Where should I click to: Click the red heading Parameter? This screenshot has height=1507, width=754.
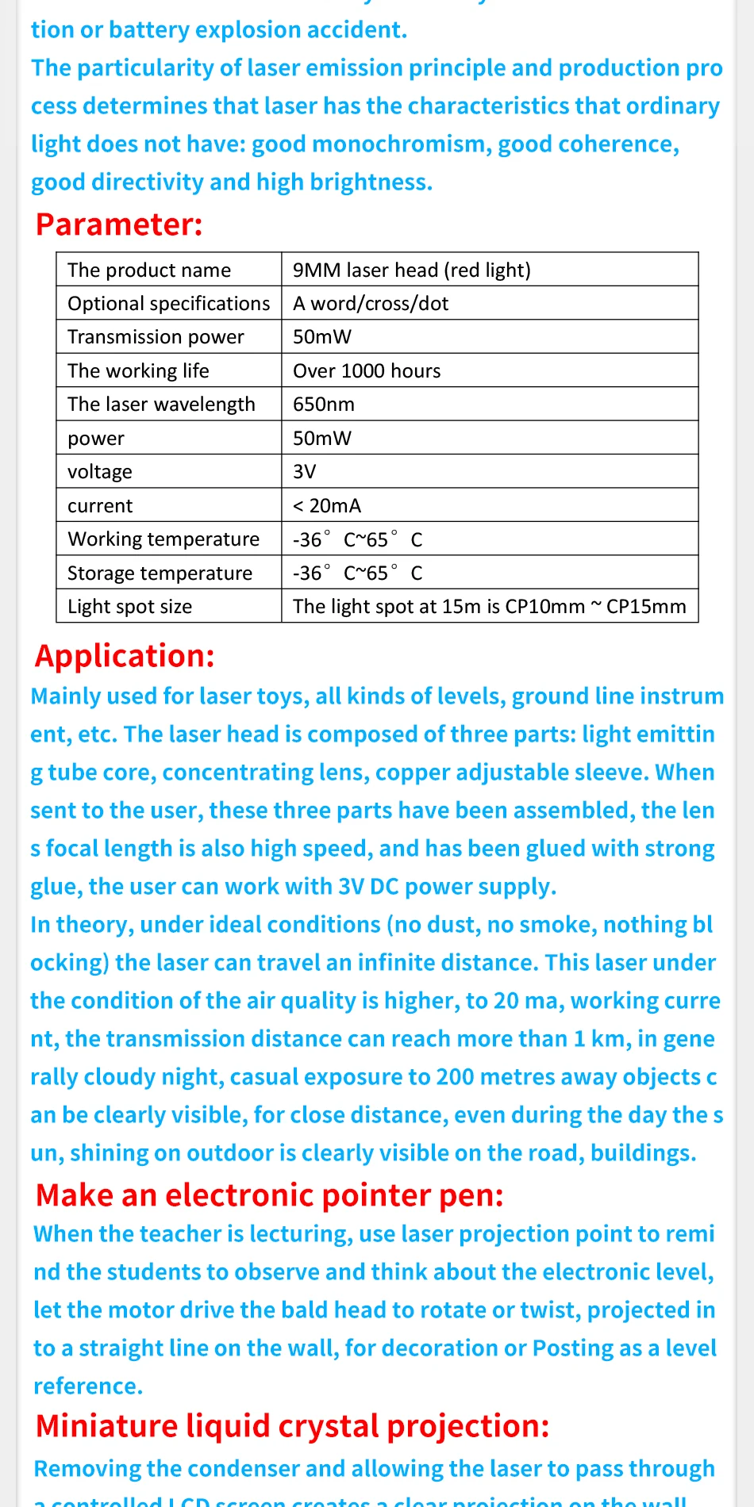pyautogui.click(x=119, y=224)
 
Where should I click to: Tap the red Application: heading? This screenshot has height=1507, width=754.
pyautogui.click(x=125, y=656)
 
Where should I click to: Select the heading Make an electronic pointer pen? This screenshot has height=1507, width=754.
pyautogui.click(x=269, y=1194)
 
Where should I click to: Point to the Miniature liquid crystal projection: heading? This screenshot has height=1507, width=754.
pyautogui.click(x=292, y=1425)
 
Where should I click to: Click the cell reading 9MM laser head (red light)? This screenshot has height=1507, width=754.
pyautogui.click(x=411, y=270)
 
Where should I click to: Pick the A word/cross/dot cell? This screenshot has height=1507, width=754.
pyautogui.click(x=371, y=304)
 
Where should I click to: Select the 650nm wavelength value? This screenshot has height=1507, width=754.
pyautogui.click(x=324, y=405)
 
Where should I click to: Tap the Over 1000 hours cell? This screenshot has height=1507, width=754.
pyautogui.click(x=367, y=370)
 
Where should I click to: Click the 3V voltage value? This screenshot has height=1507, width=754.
pyautogui.click(x=305, y=472)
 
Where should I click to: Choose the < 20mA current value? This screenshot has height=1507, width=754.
pyautogui.click(x=327, y=505)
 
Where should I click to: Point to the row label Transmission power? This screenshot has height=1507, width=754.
pyautogui.click(x=156, y=337)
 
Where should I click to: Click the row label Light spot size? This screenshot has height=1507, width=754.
pyautogui.click(x=129, y=607)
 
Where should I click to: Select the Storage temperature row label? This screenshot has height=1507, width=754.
pyautogui.click(x=160, y=573)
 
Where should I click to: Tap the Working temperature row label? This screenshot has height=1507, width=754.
pyautogui.click(x=163, y=539)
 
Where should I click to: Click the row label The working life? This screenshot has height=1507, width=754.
pyautogui.click(x=138, y=370)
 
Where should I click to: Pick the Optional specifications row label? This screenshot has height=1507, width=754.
pyautogui.click(x=168, y=304)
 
